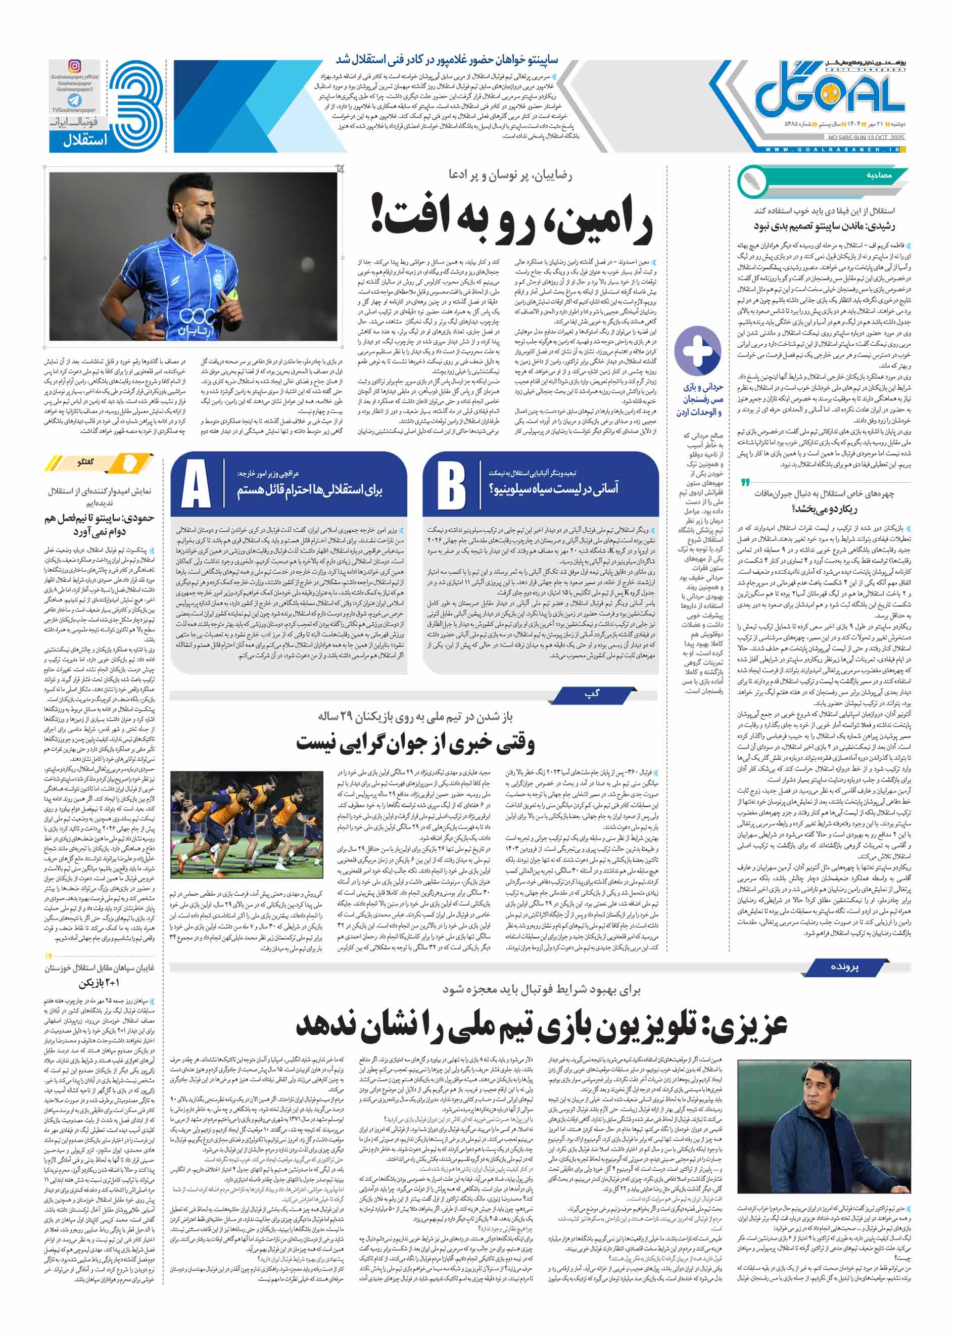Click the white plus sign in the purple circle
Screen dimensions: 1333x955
[698, 350]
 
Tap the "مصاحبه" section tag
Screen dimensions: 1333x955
[879, 175]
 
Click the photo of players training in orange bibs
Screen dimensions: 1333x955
[246, 830]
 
